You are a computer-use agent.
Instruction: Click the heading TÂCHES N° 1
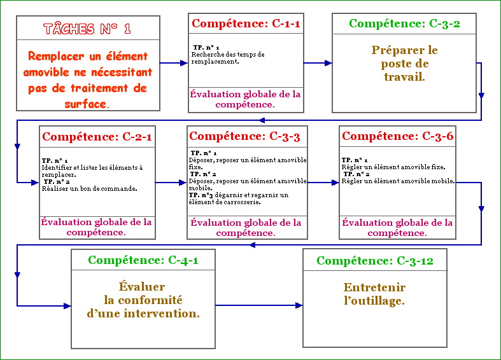point(87,29)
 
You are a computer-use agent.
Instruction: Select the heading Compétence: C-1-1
point(246,24)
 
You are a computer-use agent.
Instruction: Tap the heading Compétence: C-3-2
point(404,24)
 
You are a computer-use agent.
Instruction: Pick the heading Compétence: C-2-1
point(97,137)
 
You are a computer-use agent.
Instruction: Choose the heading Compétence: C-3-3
point(244,136)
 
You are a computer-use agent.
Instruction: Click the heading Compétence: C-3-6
point(397,136)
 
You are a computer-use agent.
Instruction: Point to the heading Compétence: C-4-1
point(143,260)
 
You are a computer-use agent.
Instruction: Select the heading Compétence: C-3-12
point(375,261)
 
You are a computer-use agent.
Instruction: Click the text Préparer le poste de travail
point(404,63)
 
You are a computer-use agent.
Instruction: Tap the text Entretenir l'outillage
point(374,294)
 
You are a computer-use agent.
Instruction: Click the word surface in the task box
point(85,104)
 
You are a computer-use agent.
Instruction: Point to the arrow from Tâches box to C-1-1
point(174,63)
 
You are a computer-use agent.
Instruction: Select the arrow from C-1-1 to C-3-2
point(318,63)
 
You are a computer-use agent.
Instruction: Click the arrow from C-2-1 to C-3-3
point(171,183)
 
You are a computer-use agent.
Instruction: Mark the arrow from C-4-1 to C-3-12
point(259,305)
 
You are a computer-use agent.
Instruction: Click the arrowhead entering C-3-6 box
point(335,183)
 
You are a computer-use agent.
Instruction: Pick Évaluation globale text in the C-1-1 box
point(245,99)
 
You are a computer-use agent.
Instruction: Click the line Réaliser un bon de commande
point(90,189)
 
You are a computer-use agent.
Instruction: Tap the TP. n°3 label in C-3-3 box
point(201,195)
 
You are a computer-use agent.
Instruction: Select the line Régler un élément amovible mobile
point(398,181)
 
